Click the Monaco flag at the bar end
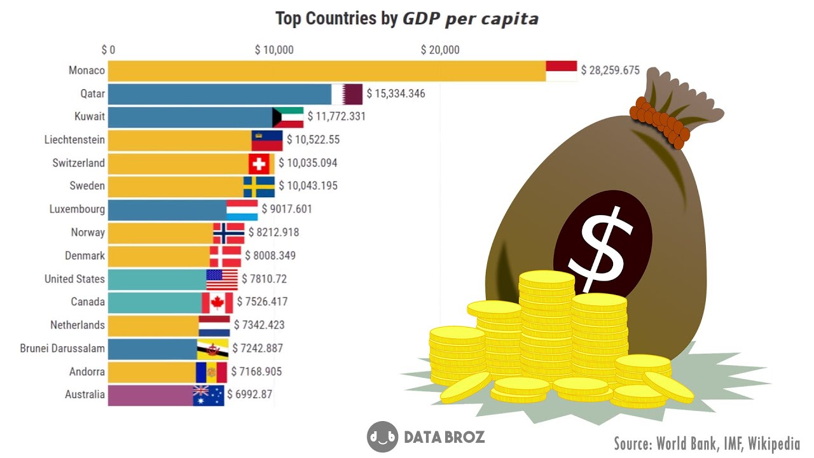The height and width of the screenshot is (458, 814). (x=562, y=71)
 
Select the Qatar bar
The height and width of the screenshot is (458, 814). (x=219, y=94)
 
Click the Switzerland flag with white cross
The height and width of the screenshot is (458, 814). (x=259, y=163)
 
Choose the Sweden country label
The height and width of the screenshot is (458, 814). (x=87, y=186)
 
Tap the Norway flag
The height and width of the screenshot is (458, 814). (x=228, y=233)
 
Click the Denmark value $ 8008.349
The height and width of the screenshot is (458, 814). (x=270, y=256)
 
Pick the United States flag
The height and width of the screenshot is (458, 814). (x=222, y=279)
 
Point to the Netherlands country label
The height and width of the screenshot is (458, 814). (x=78, y=325)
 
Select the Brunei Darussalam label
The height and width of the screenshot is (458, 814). (x=62, y=349)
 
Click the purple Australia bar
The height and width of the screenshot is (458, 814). (x=150, y=395)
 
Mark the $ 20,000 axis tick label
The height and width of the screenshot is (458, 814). (x=440, y=50)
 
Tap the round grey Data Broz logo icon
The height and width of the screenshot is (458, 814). (x=382, y=437)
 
